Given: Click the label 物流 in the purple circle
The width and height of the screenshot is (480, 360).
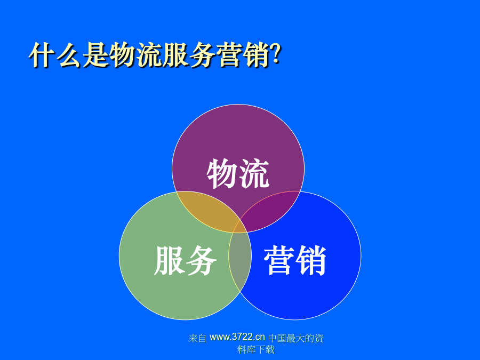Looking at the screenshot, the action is coord(238,173).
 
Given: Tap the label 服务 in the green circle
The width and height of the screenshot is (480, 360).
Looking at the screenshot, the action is coord(185,260).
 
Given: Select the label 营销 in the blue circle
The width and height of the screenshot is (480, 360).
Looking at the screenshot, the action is coord(295,260).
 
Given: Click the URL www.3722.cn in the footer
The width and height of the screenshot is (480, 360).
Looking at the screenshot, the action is coord(237,337).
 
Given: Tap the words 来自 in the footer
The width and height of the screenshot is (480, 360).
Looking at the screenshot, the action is coord(197,338).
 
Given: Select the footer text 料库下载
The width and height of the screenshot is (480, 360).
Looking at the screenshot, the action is coord(256,349).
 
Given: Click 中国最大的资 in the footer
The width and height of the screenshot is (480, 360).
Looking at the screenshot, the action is coord(296,338).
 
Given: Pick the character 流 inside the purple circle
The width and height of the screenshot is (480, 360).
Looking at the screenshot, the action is coord(254,173).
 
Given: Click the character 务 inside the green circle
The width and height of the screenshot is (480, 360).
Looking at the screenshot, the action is coord(201,260).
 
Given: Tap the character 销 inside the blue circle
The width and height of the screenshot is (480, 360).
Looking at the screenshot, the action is coord(311,260).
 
